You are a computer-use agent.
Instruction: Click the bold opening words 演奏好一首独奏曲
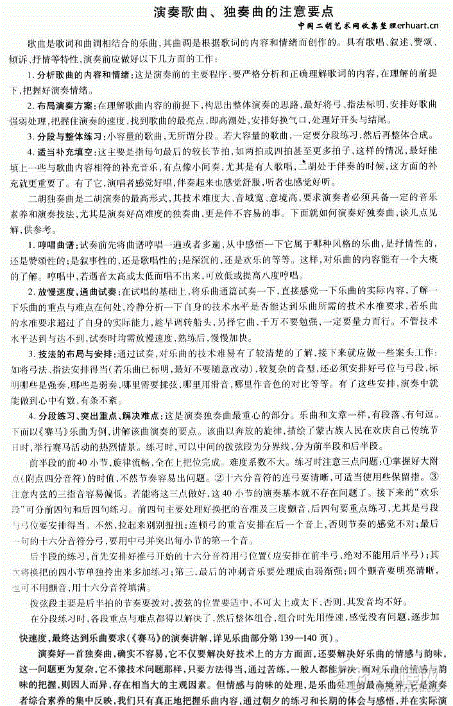pyautogui.click(x=76, y=654)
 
